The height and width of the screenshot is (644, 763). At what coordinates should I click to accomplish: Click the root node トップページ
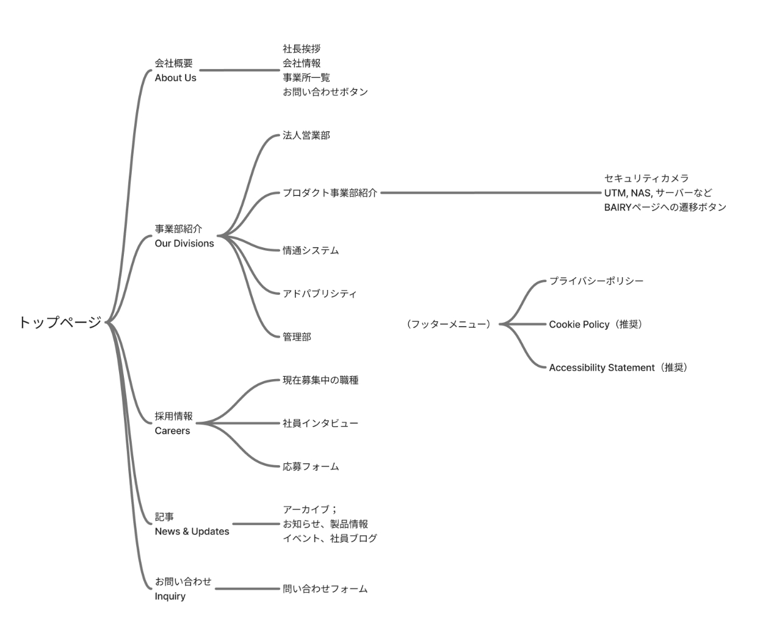pos(60,322)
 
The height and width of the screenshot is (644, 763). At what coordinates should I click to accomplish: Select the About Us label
pos(175,78)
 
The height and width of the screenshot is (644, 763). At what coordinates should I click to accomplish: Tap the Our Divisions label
pos(184,244)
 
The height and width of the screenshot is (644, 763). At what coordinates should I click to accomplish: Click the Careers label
pos(172,430)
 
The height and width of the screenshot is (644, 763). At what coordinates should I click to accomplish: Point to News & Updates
pos(192,532)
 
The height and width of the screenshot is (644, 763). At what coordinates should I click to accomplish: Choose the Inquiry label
pos(170,596)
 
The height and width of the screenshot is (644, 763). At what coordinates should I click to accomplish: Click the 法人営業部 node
pos(306,136)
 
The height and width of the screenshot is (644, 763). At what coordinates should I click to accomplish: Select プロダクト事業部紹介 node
pos(330,193)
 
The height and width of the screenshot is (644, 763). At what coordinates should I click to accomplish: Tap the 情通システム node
pos(311,250)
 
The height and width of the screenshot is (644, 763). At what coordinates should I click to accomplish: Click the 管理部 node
pos(297,337)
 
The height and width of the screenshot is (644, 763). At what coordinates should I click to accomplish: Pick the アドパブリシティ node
pos(319,294)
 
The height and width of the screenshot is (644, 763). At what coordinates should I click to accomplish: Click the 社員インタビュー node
pos(320,423)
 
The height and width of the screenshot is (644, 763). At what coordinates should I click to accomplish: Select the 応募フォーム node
pos(311,466)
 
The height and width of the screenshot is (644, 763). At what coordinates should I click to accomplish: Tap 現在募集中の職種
pos(320,380)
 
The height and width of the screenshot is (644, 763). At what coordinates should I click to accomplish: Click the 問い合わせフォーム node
pos(325,589)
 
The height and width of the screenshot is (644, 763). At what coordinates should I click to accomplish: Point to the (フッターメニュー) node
pos(449,324)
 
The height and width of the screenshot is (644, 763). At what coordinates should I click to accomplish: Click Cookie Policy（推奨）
pos(596,324)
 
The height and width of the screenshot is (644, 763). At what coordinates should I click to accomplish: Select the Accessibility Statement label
pos(601,367)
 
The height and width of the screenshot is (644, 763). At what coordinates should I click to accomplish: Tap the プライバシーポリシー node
pos(596,281)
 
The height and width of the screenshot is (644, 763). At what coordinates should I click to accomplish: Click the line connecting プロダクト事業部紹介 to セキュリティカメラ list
pos(491,193)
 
